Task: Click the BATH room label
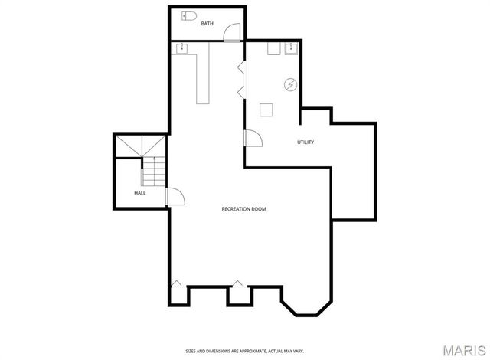(207, 24)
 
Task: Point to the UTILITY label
(305, 142)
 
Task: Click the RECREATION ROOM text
(243, 209)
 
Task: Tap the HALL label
(140, 193)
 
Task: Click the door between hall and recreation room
(175, 197)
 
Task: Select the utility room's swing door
(253, 139)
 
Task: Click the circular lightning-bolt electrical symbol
(291, 84)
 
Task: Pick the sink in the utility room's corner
(291, 50)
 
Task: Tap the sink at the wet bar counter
(182, 50)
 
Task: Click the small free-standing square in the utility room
(266, 110)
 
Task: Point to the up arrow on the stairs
(154, 160)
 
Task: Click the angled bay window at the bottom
(305, 302)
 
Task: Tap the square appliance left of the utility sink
(273, 49)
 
